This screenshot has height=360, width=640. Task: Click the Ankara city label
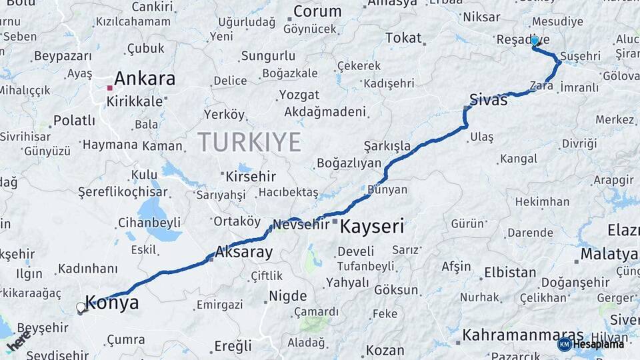tap(145, 79)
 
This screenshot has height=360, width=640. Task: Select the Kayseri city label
tap(372, 227)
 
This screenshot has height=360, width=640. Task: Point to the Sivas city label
tap(489, 100)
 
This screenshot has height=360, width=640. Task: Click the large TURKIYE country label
tap(249, 141)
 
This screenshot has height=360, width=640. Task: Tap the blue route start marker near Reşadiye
tap(535, 41)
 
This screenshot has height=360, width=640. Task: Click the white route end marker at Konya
tap(81, 307)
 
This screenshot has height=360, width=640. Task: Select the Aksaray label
tap(244, 253)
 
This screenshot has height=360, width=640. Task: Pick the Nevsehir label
tap(301, 224)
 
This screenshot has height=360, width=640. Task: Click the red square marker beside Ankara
tap(109, 87)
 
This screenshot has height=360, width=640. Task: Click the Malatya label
tap(609, 254)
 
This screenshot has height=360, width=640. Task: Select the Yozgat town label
tap(299, 95)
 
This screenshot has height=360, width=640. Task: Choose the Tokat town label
tap(403, 38)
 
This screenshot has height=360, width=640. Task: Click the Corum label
tap(317, 11)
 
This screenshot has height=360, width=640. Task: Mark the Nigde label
tap(287, 296)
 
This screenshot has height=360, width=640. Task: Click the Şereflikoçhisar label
tap(123, 191)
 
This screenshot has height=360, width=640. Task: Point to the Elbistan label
tap(509, 273)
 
